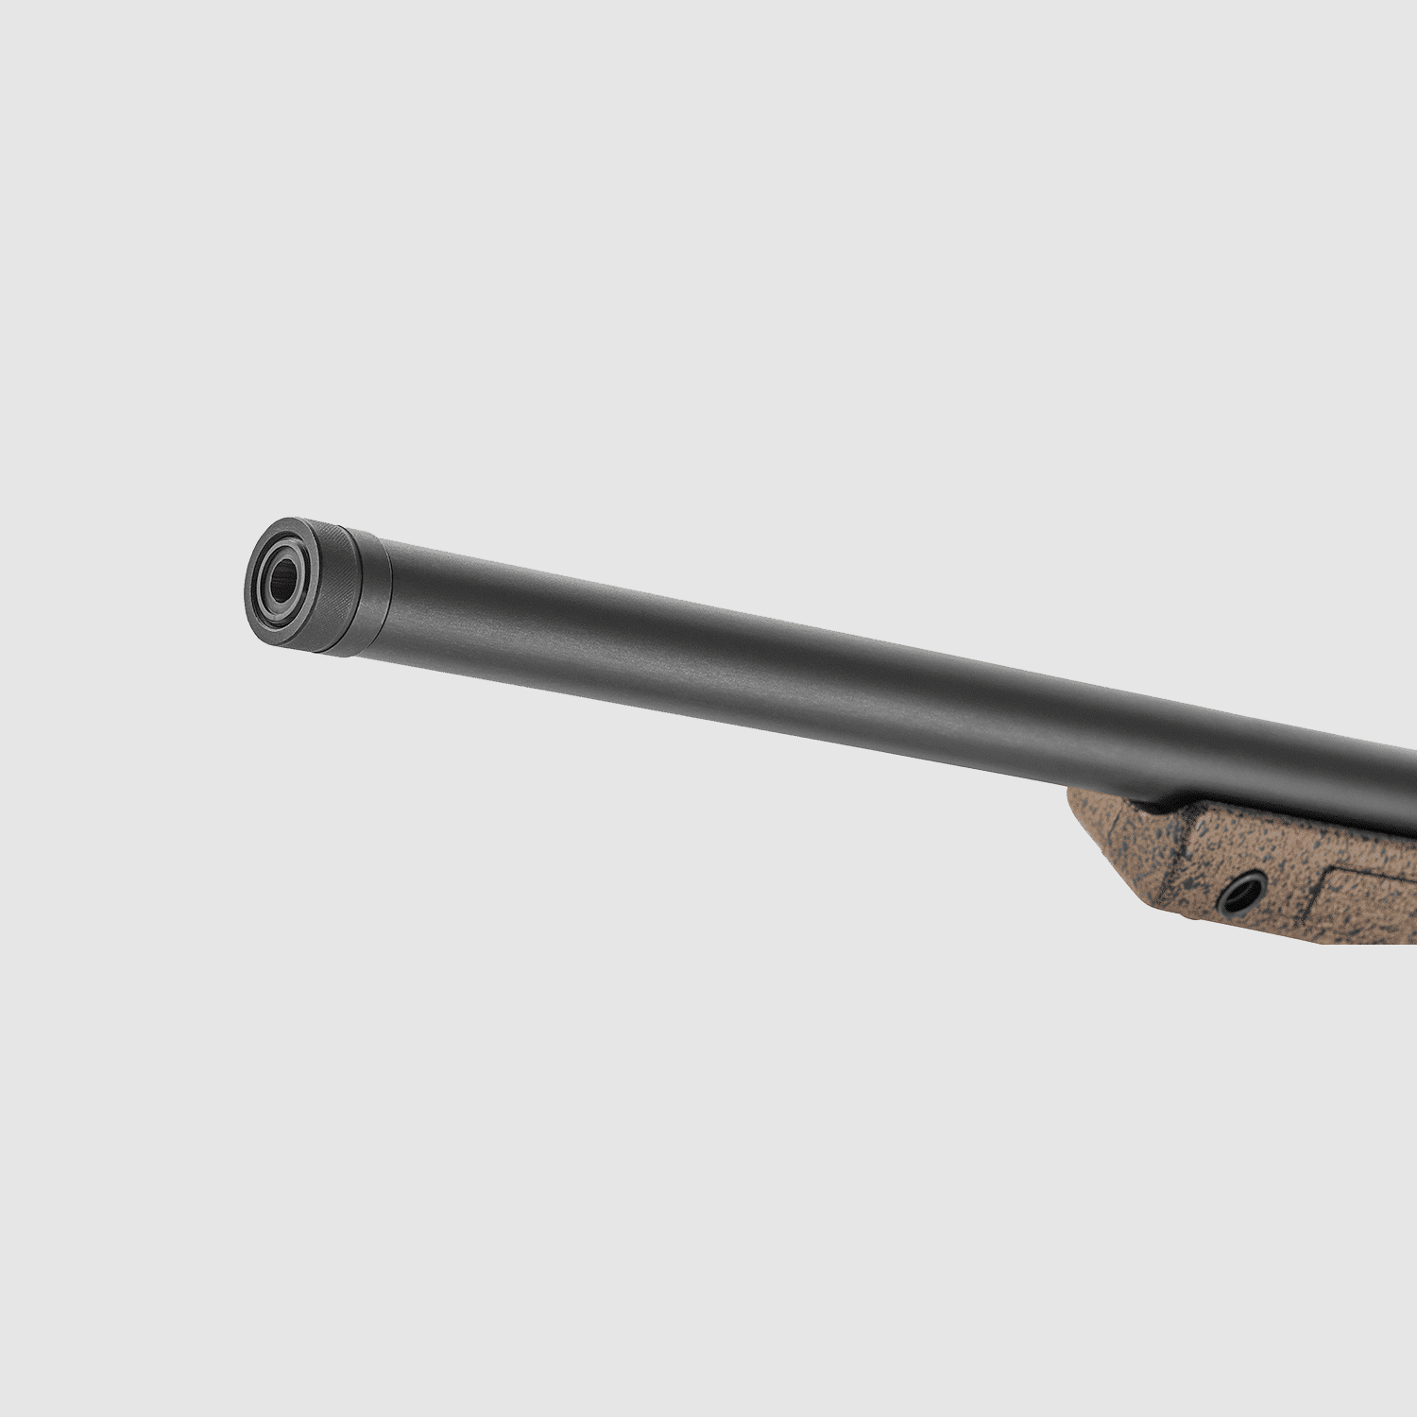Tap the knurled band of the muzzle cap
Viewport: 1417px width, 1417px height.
tap(335, 586)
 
